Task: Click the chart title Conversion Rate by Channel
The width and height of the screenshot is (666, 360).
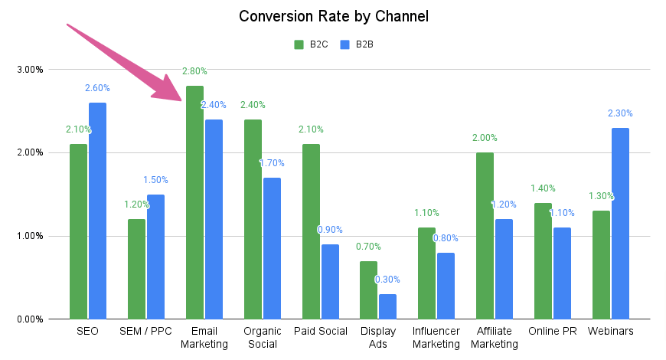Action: tap(332, 16)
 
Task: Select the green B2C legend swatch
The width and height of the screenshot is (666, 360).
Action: tap(299, 44)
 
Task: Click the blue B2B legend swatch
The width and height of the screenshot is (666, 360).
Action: tap(344, 44)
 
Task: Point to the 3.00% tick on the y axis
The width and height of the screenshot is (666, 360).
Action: tap(30, 70)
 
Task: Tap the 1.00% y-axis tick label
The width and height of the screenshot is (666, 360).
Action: tap(30, 236)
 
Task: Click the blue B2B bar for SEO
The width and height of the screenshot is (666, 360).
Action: tap(97, 211)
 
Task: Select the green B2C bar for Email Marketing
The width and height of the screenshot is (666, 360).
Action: tap(194, 202)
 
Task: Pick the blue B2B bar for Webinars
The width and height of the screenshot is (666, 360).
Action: tap(620, 223)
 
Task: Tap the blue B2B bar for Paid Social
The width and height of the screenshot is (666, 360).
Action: tap(329, 281)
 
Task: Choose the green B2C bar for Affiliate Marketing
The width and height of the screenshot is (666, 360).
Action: tap(484, 235)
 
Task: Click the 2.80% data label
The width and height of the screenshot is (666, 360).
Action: tap(194, 71)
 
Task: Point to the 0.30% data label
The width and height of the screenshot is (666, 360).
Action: tap(387, 280)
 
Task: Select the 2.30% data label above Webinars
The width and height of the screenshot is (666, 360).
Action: tap(620, 113)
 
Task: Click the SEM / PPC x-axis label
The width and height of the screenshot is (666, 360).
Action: tap(145, 331)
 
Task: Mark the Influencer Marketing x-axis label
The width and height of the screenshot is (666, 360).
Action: tap(436, 337)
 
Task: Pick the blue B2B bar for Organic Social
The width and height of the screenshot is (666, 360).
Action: tap(272, 248)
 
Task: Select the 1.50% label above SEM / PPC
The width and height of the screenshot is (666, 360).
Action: tap(155, 180)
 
